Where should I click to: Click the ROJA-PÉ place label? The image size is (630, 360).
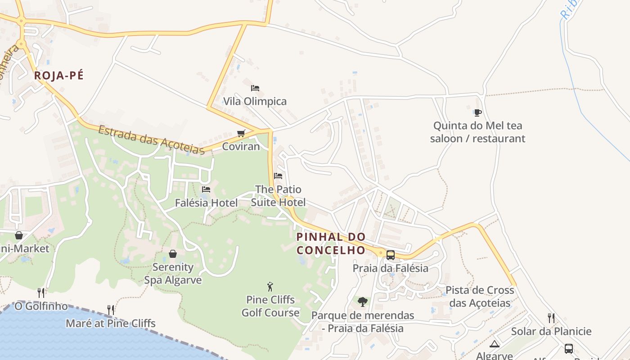[59, 76]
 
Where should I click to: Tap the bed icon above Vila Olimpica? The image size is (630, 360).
[255, 88]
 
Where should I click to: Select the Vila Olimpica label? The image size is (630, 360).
[255, 101]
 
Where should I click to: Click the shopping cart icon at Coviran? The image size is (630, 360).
[241, 133]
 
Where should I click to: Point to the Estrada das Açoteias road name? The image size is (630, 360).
[151, 140]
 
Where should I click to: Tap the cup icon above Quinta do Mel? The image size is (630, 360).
[477, 112]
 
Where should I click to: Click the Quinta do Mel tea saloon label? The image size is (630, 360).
[477, 132]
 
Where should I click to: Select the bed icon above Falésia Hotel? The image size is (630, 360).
[206, 189]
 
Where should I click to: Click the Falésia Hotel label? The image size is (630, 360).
[206, 203]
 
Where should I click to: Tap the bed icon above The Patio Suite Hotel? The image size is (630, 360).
[278, 176]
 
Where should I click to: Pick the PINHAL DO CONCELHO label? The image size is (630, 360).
[331, 243]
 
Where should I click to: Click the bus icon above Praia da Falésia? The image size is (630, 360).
[391, 255]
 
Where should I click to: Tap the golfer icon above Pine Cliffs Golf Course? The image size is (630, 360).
[270, 287]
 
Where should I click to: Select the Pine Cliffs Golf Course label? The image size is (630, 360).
[270, 306]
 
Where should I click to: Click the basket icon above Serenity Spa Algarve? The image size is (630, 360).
[173, 254]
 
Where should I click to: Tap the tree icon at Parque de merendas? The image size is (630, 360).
[362, 302]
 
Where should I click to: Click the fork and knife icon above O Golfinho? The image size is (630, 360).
[41, 293]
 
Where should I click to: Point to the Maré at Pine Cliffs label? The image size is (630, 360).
[111, 323]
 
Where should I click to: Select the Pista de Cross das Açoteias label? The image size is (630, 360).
[480, 297]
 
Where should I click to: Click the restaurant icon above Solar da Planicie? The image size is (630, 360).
[551, 318]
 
